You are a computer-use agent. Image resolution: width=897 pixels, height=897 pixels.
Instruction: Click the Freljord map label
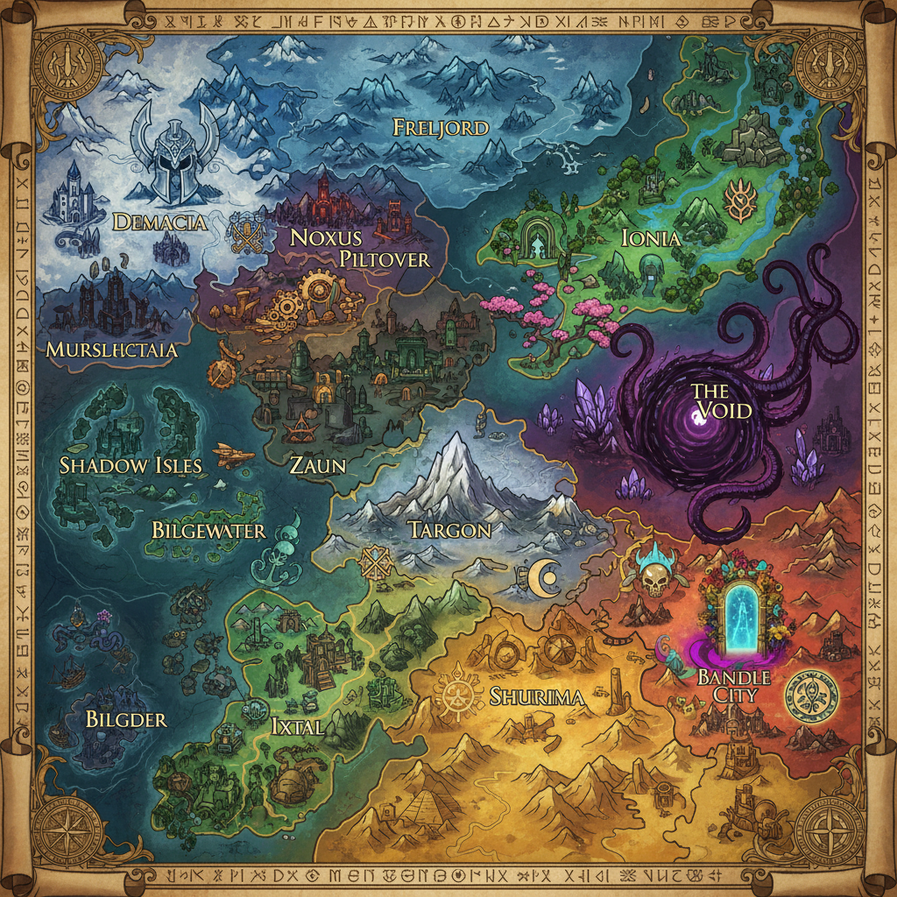(x=440, y=128)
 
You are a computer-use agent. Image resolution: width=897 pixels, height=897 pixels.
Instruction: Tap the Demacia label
(x=160, y=222)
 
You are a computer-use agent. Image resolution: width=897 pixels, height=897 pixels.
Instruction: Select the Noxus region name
(x=325, y=237)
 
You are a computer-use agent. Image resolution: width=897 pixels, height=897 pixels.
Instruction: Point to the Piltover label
(x=385, y=259)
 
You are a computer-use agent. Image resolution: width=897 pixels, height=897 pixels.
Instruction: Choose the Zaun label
(x=317, y=464)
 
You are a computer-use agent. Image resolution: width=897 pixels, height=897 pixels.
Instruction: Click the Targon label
(x=448, y=529)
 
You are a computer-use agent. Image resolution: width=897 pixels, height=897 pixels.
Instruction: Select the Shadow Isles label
(x=131, y=465)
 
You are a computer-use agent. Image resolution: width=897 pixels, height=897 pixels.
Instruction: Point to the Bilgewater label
(x=208, y=530)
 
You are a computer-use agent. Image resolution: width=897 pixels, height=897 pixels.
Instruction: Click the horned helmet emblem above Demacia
(x=173, y=158)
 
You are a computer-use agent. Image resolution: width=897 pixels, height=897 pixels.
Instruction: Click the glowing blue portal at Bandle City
(x=739, y=618)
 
